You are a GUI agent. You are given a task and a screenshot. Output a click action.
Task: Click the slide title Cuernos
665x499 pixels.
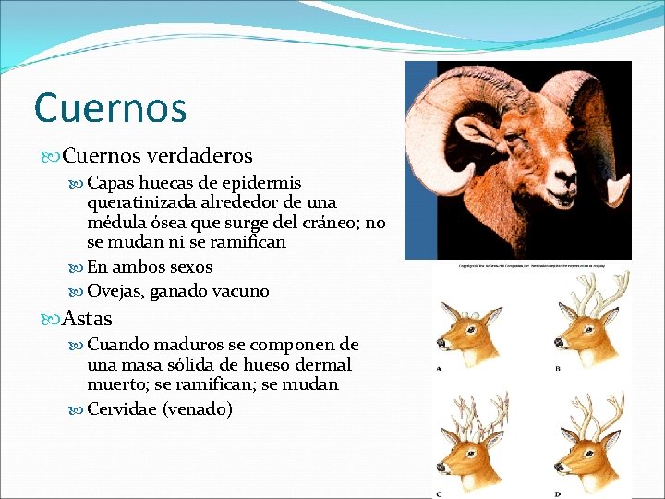[x=110, y=107]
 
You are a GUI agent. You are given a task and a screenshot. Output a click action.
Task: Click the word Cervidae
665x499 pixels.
[x=121, y=408]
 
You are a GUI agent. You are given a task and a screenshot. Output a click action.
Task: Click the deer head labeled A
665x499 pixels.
[x=468, y=332]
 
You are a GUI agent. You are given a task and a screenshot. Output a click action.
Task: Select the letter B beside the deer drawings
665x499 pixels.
[x=558, y=369]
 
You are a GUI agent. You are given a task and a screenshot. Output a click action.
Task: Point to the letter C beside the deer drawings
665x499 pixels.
[x=438, y=493]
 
